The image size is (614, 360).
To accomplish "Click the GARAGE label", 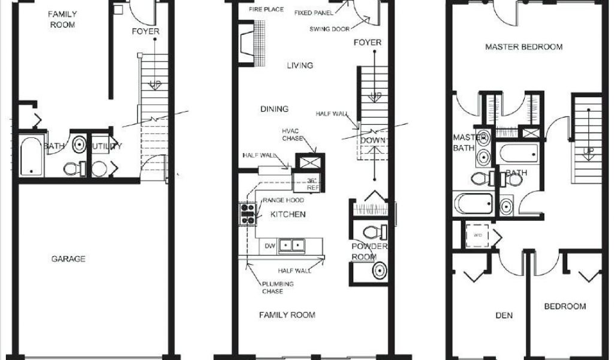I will point(68,259).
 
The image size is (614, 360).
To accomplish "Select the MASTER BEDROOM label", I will point(523,47).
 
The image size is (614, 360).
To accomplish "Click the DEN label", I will point(504,316).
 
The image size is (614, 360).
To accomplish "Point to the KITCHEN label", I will point(288,214).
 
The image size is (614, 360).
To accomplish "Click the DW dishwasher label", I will point(269,245).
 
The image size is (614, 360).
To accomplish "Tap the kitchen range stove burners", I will point(247,214).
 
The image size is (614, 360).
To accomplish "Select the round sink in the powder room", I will point(378,271).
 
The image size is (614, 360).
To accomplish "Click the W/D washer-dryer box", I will point(478,235).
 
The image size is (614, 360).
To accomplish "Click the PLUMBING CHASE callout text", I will point(277,287).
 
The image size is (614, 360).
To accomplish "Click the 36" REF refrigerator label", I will point(312,184).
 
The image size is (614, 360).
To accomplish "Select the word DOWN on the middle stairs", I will point(372,140).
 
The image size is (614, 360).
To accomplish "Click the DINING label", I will point(274,109).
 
